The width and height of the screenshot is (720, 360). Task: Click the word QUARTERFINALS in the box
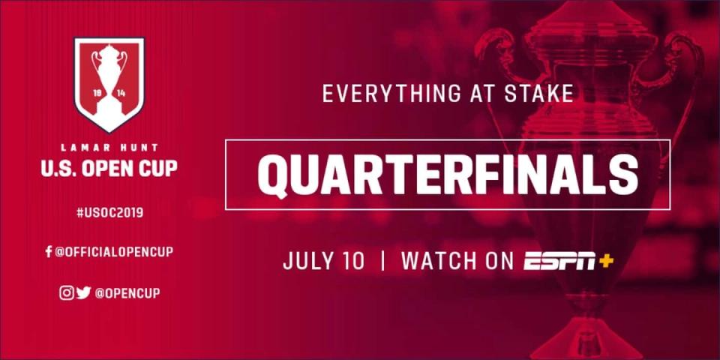pos(448,175)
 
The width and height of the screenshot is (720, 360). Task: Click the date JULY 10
pos(323,260)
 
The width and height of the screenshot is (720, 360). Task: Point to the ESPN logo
pos(559,261)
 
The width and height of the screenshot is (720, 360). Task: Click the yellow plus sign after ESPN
pos(606,260)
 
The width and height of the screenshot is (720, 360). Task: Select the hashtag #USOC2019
pos(109,212)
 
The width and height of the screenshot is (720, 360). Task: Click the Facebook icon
pos(48,252)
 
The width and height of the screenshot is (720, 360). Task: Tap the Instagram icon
pos(67,292)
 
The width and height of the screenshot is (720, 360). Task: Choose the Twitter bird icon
pos(83,292)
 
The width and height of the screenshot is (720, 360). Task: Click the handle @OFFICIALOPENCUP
pos(114,252)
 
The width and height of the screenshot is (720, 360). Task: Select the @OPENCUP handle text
pos(127,293)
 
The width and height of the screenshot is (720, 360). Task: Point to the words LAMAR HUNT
pos(109,148)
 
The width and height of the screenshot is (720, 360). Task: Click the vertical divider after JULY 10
pos(382,260)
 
